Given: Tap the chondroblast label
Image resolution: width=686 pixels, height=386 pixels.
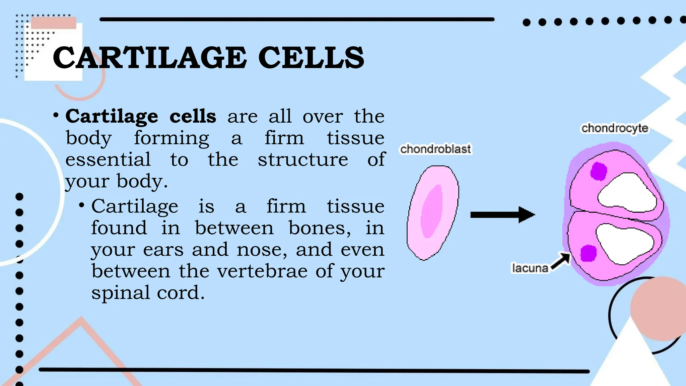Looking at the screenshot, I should (x=435, y=149).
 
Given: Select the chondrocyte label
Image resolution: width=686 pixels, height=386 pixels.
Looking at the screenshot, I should (x=615, y=128).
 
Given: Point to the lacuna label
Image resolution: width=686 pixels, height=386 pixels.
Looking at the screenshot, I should (x=530, y=268).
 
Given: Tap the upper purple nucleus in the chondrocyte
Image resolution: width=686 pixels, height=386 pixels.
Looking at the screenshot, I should (x=598, y=171).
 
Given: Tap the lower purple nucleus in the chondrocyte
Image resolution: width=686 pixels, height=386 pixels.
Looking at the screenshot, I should (x=588, y=253).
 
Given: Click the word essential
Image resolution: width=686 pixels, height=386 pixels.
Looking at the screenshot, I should (x=108, y=159).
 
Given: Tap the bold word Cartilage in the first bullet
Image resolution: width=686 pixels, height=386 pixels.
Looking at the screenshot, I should (x=112, y=117).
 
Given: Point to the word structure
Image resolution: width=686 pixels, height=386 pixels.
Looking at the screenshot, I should (x=303, y=159).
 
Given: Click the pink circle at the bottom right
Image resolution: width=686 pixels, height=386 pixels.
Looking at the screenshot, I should (x=658, y=308).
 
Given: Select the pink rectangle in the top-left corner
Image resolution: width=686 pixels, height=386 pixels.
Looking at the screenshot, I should (x=54, y=23).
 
